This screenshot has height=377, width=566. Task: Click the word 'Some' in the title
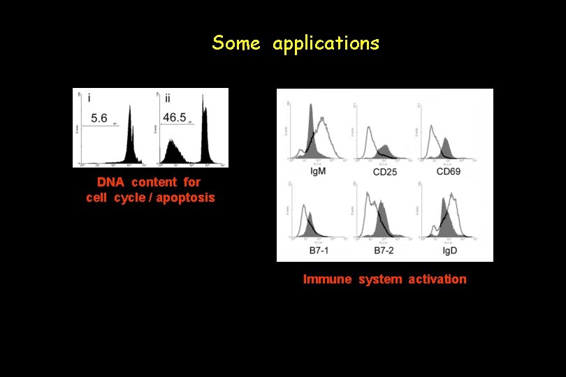[236, 43]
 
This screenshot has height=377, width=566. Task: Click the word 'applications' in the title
[326, 44]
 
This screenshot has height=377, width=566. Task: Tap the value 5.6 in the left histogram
[99, 119]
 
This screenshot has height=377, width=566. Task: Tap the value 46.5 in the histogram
[174, 118]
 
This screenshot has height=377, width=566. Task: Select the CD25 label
[385, 171]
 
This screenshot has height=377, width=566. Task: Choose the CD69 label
[451, 171]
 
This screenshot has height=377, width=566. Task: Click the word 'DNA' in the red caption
[110, 182]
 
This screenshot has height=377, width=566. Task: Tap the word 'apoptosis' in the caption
[186, 198]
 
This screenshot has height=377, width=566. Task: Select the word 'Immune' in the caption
[328, 279]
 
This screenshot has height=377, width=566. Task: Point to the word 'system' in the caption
[380, 279]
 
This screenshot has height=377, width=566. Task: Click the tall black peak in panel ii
[205, 133]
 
